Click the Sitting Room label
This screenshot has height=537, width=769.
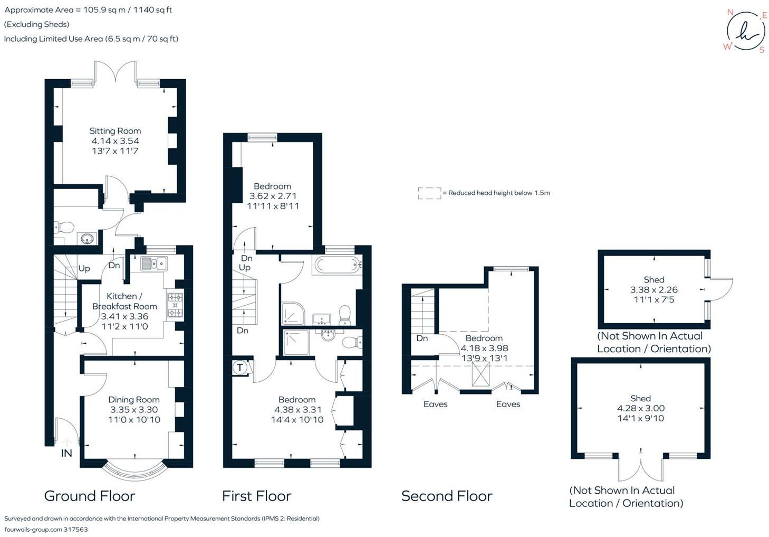pyautogui.click(x=115, y=131)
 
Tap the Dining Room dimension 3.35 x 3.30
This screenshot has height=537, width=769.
pyautogui.click(x=133, y=410)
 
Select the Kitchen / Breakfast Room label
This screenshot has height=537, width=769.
pyautogui.click(x=124, y=301)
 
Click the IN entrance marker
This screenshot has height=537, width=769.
pyautogui.click(x=66, y=453)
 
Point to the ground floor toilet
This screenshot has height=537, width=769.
pyautogui.click(x=64, y=228)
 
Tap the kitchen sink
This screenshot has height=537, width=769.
pyautogui.click(x=153, y=263)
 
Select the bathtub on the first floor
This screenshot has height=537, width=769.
pyautogui.click(x=337, y=265)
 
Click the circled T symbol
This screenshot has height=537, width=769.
pyautogui.click(x=240, y=368)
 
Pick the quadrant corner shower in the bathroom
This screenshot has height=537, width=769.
pyautogui.click(x=292, y=314)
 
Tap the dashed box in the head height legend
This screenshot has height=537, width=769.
pyautogui.click(x=430, y=193)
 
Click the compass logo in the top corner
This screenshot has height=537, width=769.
pyautogui.click(x=746, y=32)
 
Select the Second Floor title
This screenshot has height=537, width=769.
pyautogui.click(x=447, y=496)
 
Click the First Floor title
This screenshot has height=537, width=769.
pyautogui.click(x=256, y=496)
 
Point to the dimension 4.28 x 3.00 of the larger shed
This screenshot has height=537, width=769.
pyautogui.click(x=640, y=408)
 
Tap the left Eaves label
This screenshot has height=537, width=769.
pyautogui.click(x=435, y=404)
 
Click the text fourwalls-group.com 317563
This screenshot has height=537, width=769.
pyautogui.click(x=46, y=529)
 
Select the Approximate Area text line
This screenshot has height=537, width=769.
pyautogui.click(x=88, y=10)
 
